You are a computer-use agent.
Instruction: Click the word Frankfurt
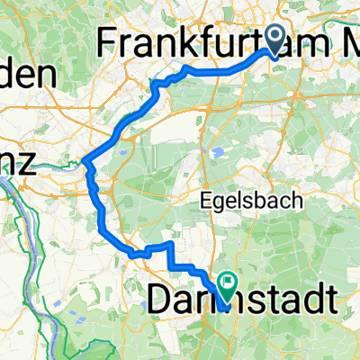pos(171,41)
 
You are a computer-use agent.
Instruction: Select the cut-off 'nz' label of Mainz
pos(17,165)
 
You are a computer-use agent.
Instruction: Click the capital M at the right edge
pos(346,41)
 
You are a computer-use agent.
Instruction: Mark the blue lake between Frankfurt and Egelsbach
pos(217,150)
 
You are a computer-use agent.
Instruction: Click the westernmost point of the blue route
pos(83,162)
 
